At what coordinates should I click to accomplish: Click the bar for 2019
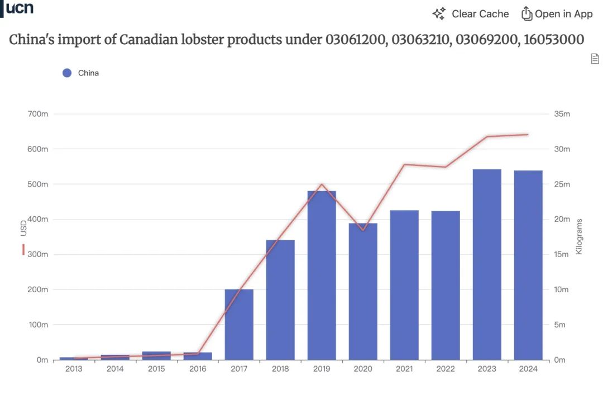tap(322, 275)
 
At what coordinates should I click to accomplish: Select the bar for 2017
tap(239, 324)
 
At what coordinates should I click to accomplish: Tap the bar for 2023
tap(487, 264)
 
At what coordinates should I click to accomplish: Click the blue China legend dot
tap(67, 73)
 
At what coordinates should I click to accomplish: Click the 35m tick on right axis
tap(562, 114)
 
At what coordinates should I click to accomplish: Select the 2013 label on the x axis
tap(74, 369)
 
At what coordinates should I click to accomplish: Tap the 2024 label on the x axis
tap(528, 369)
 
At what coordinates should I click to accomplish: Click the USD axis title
tap(23, 228)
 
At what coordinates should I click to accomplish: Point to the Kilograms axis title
tap(579, 237)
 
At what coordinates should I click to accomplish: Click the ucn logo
tap(19, 8)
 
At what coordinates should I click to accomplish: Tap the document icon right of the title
tap(595, 59)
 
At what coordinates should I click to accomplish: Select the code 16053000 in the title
tap(554, 40)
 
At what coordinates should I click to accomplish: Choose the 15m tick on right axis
tap(562, 254)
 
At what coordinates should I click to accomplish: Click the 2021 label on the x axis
tap(404, 369)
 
